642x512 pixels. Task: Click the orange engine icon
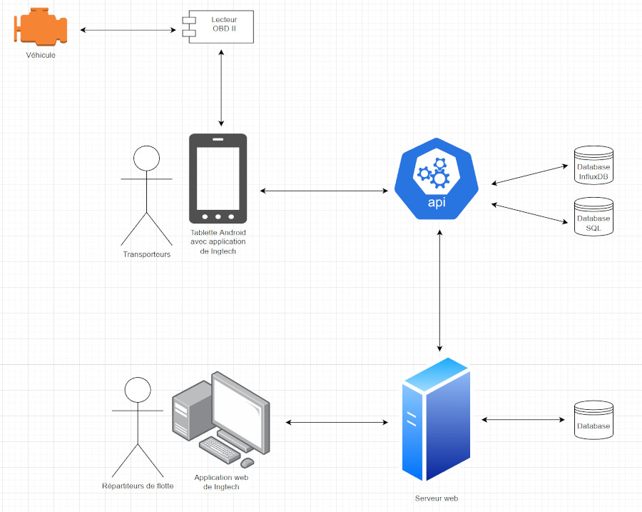pos(41,29)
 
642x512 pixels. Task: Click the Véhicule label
pos(41,55)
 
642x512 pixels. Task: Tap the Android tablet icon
pos(218,179)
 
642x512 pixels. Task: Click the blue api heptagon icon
pos(436,179)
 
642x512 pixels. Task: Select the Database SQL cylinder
pos(593,217)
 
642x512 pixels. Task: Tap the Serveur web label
pos(436,498)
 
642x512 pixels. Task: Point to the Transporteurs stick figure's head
pos(146,157)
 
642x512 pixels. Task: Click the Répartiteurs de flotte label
pos(138,486)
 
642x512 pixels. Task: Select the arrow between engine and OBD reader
pos(128,30)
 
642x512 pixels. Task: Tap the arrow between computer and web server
pos(337,423)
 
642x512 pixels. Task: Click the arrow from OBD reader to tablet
pos(222,89)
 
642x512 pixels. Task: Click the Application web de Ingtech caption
pos(216,482)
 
